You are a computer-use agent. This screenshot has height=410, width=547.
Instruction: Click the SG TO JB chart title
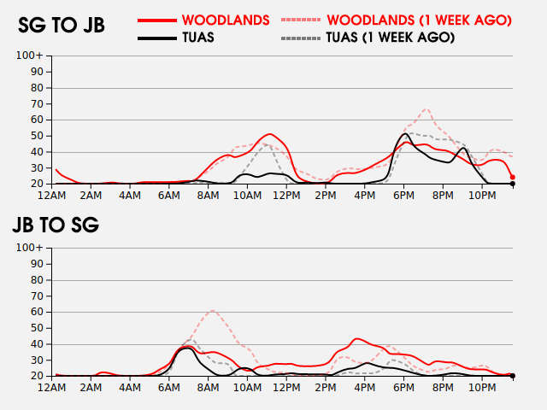(x=62, y=26)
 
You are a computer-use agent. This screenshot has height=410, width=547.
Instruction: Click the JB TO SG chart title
(x=56, y=225)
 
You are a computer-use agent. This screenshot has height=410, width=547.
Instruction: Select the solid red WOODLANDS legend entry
(x=226, y=19)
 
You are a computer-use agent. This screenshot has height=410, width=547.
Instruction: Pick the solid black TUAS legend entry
(x=197, y=38)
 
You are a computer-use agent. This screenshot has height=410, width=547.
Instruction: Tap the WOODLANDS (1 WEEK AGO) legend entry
(x=419, y=19)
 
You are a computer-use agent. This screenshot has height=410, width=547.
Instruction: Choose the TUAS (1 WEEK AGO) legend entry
(x=390, y=38)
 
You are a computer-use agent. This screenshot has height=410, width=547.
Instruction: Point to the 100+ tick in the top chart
(x=31, y=56)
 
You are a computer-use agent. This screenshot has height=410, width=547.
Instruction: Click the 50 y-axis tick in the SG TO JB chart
(x=37, y=136)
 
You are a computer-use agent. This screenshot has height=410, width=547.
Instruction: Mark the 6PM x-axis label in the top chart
(x=403, y=196)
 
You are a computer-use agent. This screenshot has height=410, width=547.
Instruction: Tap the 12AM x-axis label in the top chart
(x=53, y=196)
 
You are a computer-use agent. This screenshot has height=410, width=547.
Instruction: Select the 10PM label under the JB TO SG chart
(x=481, y=389)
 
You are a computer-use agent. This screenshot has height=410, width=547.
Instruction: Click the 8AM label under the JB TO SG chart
(x=209, y=389)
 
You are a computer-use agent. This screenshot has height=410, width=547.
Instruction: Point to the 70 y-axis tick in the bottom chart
(x=37, y=296)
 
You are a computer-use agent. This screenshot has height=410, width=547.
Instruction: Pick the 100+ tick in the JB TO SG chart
(x=31, y=248)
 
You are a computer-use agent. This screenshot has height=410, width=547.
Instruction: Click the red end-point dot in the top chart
(x=512, y=177)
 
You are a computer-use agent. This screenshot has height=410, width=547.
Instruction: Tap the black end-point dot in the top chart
(x=512, y=184)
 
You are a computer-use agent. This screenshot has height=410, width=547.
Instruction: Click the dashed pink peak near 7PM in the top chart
(x=426, y=109)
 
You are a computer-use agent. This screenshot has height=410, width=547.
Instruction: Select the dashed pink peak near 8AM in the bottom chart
(x=212, y=311)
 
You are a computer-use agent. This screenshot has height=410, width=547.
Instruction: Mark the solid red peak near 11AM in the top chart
(x=269, y=134)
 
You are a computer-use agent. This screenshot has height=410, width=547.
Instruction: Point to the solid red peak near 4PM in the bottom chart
(x=356, y=339)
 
